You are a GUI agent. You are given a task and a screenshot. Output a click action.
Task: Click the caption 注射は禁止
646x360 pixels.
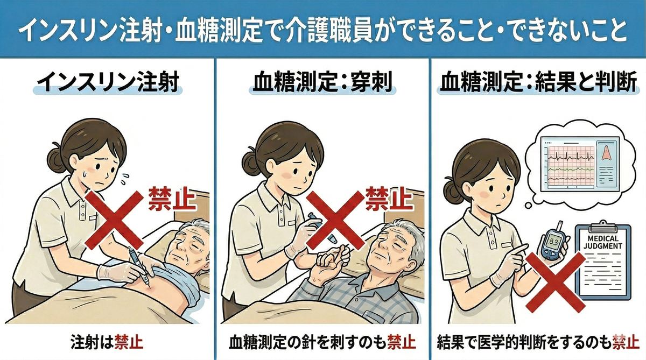click(x=108, y=341)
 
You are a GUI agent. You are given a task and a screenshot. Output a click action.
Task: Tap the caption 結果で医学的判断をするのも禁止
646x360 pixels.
click(x=538, y=341)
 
